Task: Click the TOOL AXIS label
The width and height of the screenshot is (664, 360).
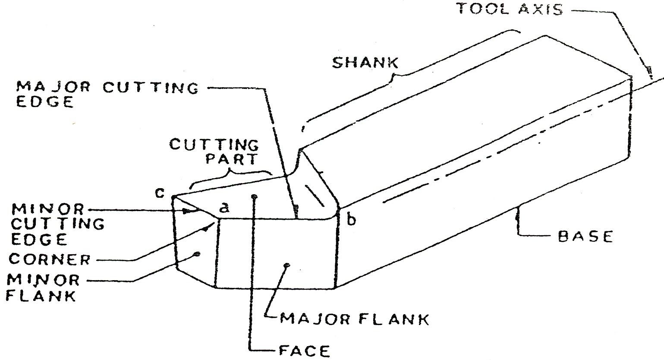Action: coord(510,9)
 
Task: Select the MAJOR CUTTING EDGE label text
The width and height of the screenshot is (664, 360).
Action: coord(107,94)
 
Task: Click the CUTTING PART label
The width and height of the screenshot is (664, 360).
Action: coord(214,151)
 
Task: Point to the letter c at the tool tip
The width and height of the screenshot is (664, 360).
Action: coord(160,193)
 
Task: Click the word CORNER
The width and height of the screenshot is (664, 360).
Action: coord(50,259)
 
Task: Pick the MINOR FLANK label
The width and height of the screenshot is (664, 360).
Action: coord(44,287)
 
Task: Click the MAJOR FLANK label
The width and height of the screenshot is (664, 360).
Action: coord(354,319)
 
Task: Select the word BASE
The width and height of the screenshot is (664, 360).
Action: coord(585,237)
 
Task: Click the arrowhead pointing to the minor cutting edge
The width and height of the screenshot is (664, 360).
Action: coord(187,212)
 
